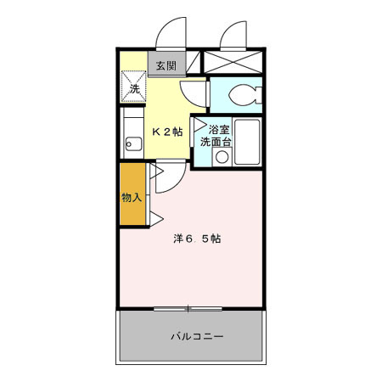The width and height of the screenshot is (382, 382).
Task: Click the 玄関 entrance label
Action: tap(166, 64)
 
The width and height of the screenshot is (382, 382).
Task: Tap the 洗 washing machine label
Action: tap(134, 88)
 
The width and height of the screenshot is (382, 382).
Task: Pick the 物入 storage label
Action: tap(132, 197)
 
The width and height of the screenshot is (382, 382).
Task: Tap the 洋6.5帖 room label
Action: tap(198, 239)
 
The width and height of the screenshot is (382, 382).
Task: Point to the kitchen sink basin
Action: tap(132, 143)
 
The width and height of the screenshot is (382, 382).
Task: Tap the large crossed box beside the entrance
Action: tap(234, 63)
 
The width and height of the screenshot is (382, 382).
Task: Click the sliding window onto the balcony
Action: tap(189, 306)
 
